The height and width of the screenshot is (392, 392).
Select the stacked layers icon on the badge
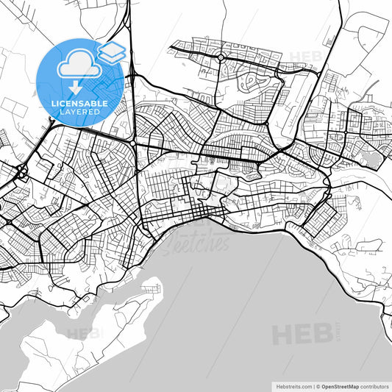coord(112,51)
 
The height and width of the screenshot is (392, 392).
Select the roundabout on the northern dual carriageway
coord(220,57)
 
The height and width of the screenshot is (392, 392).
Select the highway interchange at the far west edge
coord(20,175)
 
